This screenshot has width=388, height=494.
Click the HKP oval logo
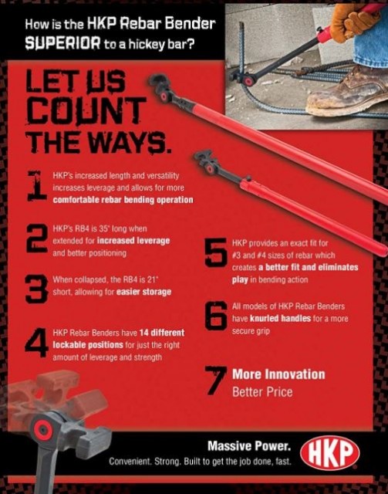pyautogui.click(x=329, y=453)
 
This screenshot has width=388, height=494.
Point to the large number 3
pyautogui.click(x=36, y=289)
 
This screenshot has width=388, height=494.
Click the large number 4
pyautogui.click(x=36, y=343)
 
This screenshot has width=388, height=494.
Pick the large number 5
pyautogui.click(x=216, y=253)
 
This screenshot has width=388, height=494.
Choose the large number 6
pyautogui.click(x=216, y=316)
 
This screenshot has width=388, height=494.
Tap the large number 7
pyautogui.click(x=216, y=381)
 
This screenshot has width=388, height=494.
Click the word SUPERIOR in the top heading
pyautogui.click(x=63, y=42)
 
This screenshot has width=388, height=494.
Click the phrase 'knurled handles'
pyautogui.click(x=280, y=319)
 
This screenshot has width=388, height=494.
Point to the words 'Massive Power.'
pyautogui.click(x=249, y=446)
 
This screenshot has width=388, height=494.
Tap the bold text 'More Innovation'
pyautogui.click(x=278, y=374)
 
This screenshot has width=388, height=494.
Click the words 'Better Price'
pyautogui.click(x=262, y=392)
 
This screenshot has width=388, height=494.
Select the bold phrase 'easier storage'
pyautogui.click(x=143, y=292)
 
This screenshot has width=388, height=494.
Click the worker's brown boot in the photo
pyautogui.click(x=347, y=91)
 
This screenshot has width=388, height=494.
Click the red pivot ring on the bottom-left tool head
pyautogui.click(x=43, y=431)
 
